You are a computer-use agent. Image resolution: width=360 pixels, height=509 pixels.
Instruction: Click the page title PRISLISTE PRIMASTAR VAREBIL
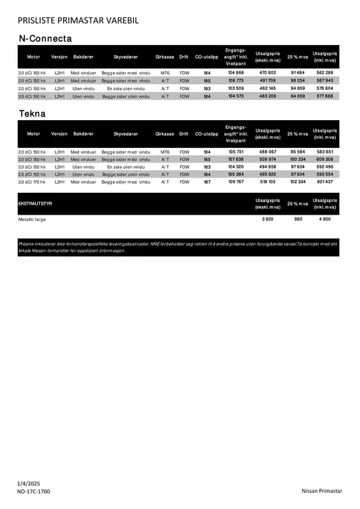[78, 21]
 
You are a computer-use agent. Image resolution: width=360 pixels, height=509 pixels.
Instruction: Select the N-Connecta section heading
[45, 39]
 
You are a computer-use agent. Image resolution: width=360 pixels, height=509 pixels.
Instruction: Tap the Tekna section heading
[32, 114]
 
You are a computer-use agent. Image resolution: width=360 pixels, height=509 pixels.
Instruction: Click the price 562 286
[325, 73]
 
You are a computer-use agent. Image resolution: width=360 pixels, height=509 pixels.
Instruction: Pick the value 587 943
[325, 81]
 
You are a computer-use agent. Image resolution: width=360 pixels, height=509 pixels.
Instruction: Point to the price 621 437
[325, 182]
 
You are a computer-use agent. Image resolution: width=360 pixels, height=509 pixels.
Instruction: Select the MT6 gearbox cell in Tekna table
[165, 152]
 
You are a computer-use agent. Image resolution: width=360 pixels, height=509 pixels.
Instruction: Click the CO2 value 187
[207, 182]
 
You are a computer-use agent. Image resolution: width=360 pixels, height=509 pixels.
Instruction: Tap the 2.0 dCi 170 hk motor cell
[32, 182]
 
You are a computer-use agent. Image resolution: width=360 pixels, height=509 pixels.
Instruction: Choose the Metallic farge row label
[32, 219]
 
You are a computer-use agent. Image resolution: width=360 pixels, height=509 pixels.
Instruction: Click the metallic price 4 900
[325, 219]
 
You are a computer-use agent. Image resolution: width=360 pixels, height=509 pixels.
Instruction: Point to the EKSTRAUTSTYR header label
[35, 203]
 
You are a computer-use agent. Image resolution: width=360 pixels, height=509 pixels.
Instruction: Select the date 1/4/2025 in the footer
[28, 483]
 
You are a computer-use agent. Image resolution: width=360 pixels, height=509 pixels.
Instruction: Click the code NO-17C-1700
[33, 492]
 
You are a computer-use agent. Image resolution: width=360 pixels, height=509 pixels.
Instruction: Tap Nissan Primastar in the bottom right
[322, 492]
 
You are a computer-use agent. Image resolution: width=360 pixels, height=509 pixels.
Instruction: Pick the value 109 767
[236, 182]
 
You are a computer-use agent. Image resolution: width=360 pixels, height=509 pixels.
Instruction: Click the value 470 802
[267, 73]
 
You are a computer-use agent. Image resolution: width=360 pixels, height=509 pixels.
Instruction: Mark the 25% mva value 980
[298, 219]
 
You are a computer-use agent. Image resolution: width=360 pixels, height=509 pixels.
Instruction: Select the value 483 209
[267, 96]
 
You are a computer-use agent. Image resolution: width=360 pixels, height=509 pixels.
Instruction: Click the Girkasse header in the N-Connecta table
[165, 57]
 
